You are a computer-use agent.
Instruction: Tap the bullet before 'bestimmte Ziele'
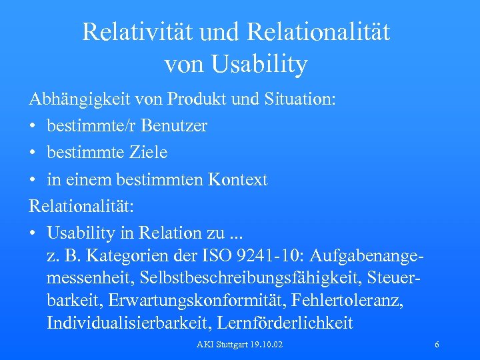coord(33,153)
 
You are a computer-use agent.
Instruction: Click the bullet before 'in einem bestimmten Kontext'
coord(33,179)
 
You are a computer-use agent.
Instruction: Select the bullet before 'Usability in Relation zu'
coord(33,233)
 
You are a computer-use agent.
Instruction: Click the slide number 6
coord(436,345)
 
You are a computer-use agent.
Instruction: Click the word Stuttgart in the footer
coord(227,345)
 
